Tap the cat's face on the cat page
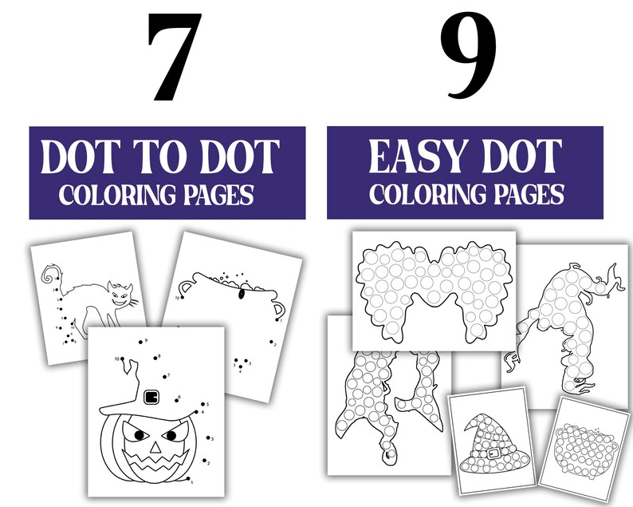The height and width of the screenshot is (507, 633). [123, 295]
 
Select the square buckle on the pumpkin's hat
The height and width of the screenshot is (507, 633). [151, 397]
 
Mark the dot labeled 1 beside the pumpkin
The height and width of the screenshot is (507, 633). [190, 481]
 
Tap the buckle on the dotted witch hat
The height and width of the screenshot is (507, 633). [493, 454]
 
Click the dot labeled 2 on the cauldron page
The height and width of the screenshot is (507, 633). [271, 344]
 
